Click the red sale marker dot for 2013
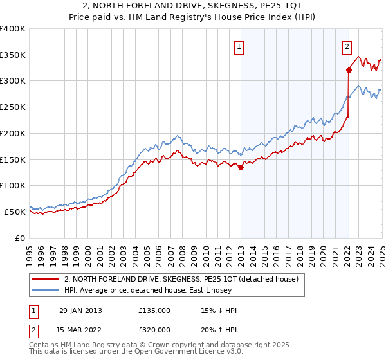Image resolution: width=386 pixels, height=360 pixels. click(x=241, y=168)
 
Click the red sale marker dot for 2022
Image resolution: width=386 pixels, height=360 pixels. click(x=348, y=70)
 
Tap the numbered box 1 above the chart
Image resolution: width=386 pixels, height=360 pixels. click(x=239, y=46)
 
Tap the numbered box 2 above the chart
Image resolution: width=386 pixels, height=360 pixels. click(x=347, y=46)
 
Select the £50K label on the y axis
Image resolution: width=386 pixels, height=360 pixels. click(x=15, y=212)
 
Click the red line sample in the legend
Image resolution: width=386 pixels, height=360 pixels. click(x=46, y=280)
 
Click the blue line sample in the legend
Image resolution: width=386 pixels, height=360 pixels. click(x=46, y=291)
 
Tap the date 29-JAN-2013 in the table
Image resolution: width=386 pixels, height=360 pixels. click(x=80, y=310)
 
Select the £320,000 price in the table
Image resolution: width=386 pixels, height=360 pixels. click(x=154, y=330)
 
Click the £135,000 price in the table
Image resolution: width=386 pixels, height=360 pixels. click(x=154, y=310)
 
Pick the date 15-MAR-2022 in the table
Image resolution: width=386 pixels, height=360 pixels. click(x=80, y=330)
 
